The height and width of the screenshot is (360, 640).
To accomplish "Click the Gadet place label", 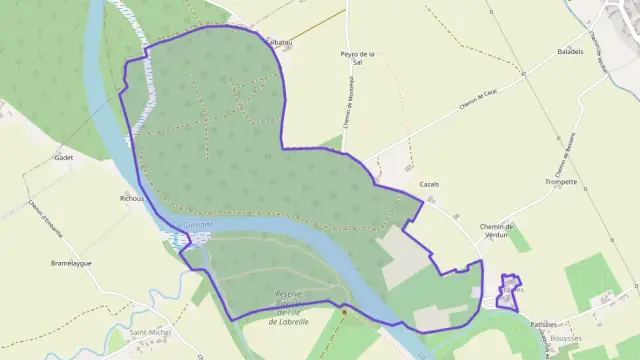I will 65,158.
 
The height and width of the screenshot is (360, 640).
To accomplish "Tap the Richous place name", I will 132,199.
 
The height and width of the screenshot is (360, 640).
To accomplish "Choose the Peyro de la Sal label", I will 357,57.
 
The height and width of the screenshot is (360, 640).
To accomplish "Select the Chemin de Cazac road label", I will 478,98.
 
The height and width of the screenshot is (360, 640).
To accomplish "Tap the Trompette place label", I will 561,182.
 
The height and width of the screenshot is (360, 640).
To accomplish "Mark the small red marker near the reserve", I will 343,310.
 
